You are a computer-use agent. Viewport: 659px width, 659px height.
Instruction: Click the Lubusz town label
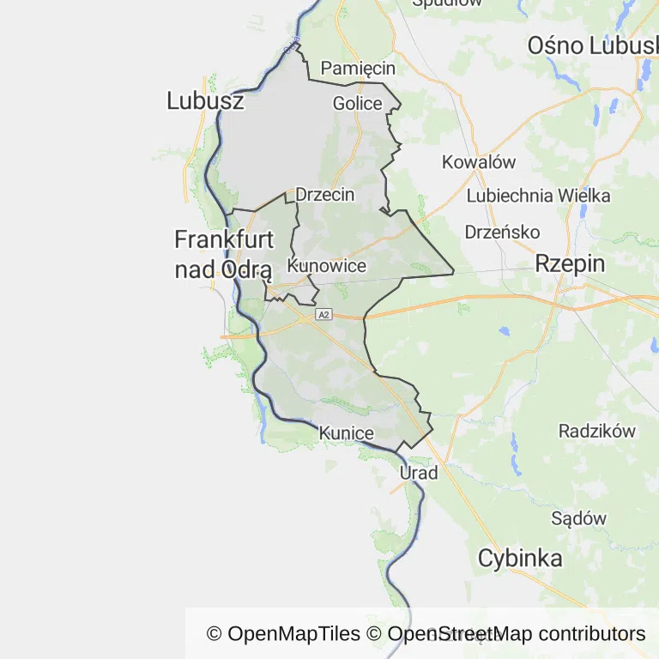click(205, 101)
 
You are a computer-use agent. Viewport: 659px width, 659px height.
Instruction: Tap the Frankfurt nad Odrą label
click(223, 254)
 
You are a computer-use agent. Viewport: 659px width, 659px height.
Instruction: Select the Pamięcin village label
click(358, 68)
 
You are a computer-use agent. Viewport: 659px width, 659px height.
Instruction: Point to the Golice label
click(357, 104)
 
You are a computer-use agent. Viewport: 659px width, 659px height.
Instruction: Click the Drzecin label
click(324, 195)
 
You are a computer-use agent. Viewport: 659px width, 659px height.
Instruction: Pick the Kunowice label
click(327, 266)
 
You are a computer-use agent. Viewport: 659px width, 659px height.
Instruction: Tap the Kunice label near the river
click(346, 434)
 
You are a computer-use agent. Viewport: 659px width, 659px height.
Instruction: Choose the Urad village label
click(419, 473)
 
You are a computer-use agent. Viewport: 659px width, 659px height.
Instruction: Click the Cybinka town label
click(520, 559)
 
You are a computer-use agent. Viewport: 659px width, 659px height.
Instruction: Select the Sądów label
click(578, 518)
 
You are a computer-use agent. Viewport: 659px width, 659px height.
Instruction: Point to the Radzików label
click(597, 431)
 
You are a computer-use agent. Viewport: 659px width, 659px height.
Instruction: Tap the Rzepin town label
click(570, 263)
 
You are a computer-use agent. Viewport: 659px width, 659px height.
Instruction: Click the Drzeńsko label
click(502, 232)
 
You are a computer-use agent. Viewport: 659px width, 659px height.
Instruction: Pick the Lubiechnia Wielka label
click(538, 196)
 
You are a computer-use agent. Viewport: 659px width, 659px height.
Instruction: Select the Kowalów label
click(478, 161)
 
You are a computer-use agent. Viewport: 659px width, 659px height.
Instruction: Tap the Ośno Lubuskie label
click(592, 45)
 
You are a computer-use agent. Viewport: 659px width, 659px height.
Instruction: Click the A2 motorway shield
click(323, 316)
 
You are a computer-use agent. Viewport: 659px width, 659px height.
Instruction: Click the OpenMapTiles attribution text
click(283, 634)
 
